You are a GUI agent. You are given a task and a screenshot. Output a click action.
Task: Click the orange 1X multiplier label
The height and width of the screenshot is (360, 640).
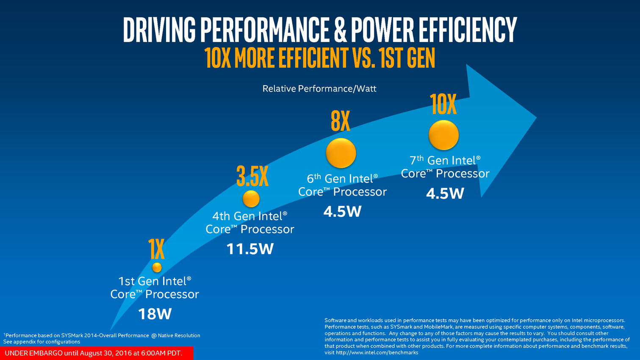coord(156,249)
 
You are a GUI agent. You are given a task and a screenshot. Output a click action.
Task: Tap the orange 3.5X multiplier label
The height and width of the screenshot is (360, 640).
coord(252,176)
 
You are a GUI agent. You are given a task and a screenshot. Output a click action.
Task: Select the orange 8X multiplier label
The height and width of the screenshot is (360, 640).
coord(341,122)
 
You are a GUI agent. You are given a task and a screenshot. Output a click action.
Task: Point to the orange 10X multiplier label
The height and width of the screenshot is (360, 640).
coord(443,105)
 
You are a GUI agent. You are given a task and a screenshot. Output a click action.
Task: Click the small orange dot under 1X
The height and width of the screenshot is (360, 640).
coord(157,267)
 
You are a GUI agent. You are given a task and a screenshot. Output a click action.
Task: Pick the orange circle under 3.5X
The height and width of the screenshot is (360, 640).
coord(251,199)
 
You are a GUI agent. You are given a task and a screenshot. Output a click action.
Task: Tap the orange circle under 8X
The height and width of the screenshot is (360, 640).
coord(341,153)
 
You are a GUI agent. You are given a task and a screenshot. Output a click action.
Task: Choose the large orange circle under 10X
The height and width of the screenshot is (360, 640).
coord(444,135)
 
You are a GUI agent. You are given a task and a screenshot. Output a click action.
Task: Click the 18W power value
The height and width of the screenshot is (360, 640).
coord(155,314)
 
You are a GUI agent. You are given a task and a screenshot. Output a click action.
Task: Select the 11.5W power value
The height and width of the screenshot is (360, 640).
coord(250,249)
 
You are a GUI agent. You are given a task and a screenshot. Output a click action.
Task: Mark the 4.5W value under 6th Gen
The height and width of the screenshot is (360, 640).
coord(342,211)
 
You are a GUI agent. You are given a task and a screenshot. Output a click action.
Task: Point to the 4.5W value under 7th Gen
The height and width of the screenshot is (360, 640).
coord(445,193)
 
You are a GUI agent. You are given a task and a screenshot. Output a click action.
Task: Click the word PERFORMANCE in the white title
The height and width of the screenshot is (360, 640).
coord(265,30)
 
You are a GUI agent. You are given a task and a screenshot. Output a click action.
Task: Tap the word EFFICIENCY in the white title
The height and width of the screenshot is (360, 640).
coord(468,30)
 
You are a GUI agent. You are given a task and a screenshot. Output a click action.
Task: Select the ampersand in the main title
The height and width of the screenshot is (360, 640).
coord(340,30)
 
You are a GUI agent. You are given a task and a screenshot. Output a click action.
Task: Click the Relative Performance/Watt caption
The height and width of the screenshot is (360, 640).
coord(319,89)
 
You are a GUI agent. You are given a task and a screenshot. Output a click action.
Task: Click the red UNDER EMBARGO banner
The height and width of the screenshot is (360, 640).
coord(97,353)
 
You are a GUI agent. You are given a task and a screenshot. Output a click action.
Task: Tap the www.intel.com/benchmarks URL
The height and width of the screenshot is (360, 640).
coord(377,352)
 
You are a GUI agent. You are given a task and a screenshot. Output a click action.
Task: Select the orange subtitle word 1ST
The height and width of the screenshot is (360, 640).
coord(391,58)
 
